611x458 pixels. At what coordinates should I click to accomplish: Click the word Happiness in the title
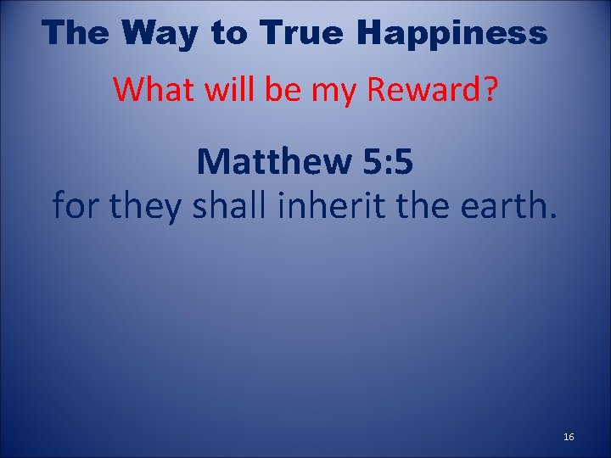pyautogui.click(x=451, y=33)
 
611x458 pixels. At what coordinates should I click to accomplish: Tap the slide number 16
pyautogui.click(x=569, y=437)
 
